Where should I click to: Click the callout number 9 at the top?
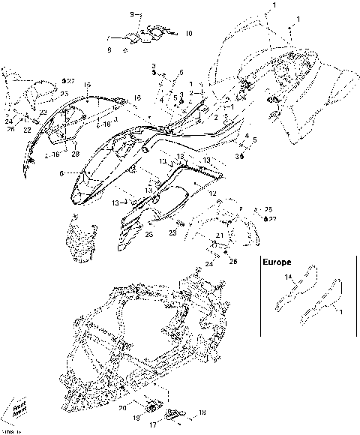point(131,14)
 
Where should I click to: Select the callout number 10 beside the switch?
point(188,33)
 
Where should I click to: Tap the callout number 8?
point(109,49)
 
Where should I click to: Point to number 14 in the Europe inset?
point(286,277)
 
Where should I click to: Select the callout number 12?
point(212,193)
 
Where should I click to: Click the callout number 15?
point(87,84)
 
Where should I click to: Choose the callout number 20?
point(121,407)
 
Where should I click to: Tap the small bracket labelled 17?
point(173,415)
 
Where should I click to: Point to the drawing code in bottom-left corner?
point(7,431)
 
